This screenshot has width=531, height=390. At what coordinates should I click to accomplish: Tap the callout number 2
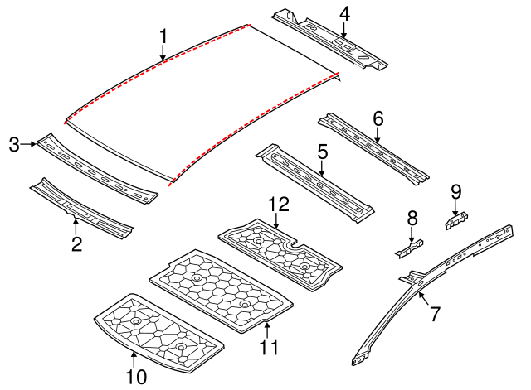pyautogui.click(x=76, y=243)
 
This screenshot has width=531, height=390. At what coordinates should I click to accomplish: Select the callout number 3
pyautogui.click(x=14, y=145)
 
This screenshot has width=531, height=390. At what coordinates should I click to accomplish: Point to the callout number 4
pyautogui.click(x=344, y=13)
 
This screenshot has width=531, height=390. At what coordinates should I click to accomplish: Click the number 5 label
pyautogui.click(x=322, y=152)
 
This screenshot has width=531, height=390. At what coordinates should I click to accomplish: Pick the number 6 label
pyautogui.click(x=378, y=119)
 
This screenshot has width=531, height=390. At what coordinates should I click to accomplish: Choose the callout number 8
pyautogui.click(x=412, y=218)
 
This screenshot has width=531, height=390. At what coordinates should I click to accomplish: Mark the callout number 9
pyautogui.click(x=455, y=190)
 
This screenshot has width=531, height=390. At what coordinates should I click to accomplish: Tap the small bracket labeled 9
pyautogui.click(x=455, y=221)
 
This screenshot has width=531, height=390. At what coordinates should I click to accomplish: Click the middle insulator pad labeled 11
pyautogui.click(x=220, y=290)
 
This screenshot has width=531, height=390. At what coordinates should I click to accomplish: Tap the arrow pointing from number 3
pyautogui.click(x=31, y=145)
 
